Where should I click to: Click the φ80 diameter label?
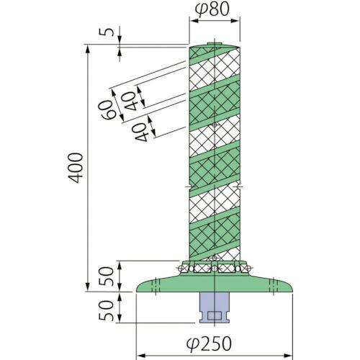click(214, 10)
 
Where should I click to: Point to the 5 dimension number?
click(107, 32)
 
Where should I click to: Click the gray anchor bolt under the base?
click(214, 306)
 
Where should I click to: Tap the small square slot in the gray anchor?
click(214, 315)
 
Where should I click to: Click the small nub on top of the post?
click(214, 45)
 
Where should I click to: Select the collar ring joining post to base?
click(214, 267)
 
